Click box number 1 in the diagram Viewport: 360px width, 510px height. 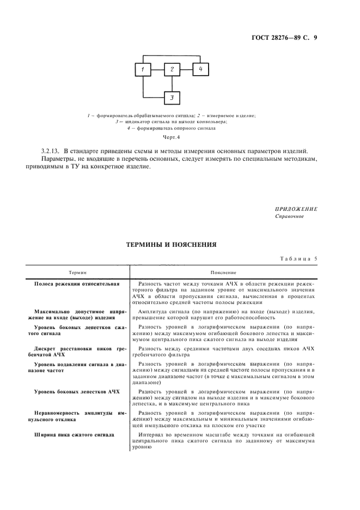point(143,70)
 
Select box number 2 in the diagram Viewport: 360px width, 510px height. point(172,70)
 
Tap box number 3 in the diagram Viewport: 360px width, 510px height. point(172,98)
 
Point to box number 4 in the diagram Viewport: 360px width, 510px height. point(200,69)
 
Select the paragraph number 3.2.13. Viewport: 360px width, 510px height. point(50,150)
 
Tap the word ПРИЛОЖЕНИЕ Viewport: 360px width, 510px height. point(296,209)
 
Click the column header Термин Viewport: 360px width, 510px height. point(77,271)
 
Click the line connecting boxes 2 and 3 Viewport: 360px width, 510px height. point(172,84)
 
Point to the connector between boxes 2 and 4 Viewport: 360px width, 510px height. point(186,70)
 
